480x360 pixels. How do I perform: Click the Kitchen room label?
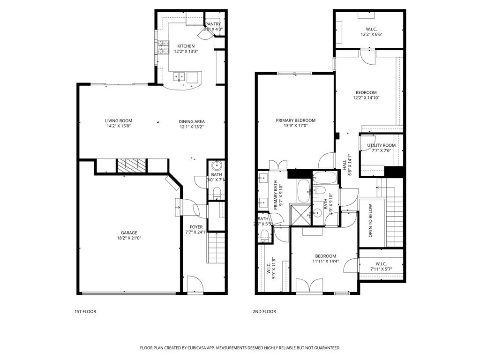(186, 46)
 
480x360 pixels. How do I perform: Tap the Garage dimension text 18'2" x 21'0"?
(129, 238)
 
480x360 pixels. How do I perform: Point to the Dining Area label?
(192, 121)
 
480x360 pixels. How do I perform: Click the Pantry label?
(213, 24)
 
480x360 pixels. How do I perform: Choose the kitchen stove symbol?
(162, 47)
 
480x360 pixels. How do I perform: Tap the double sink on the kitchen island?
(180, 76)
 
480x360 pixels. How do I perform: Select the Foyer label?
(196, 227)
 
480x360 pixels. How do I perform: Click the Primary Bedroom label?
(295, 120)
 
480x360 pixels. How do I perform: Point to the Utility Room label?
(381, 145)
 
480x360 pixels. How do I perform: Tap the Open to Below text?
(370, 220)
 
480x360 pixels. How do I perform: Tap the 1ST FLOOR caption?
(85, 311)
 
